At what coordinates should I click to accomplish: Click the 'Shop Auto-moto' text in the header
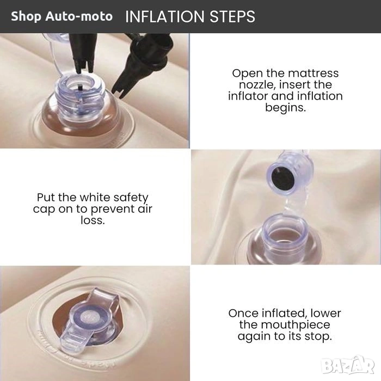coord(62,16)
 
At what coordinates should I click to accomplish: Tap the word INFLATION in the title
coord(165,16)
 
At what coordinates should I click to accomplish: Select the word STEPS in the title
coord(232,16)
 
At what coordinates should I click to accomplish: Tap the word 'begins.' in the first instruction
coord(285,108)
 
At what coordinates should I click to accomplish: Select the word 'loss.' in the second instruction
coord(93,220)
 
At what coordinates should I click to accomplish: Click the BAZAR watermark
coord(347,366)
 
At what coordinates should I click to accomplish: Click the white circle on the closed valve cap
coord(88,317)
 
